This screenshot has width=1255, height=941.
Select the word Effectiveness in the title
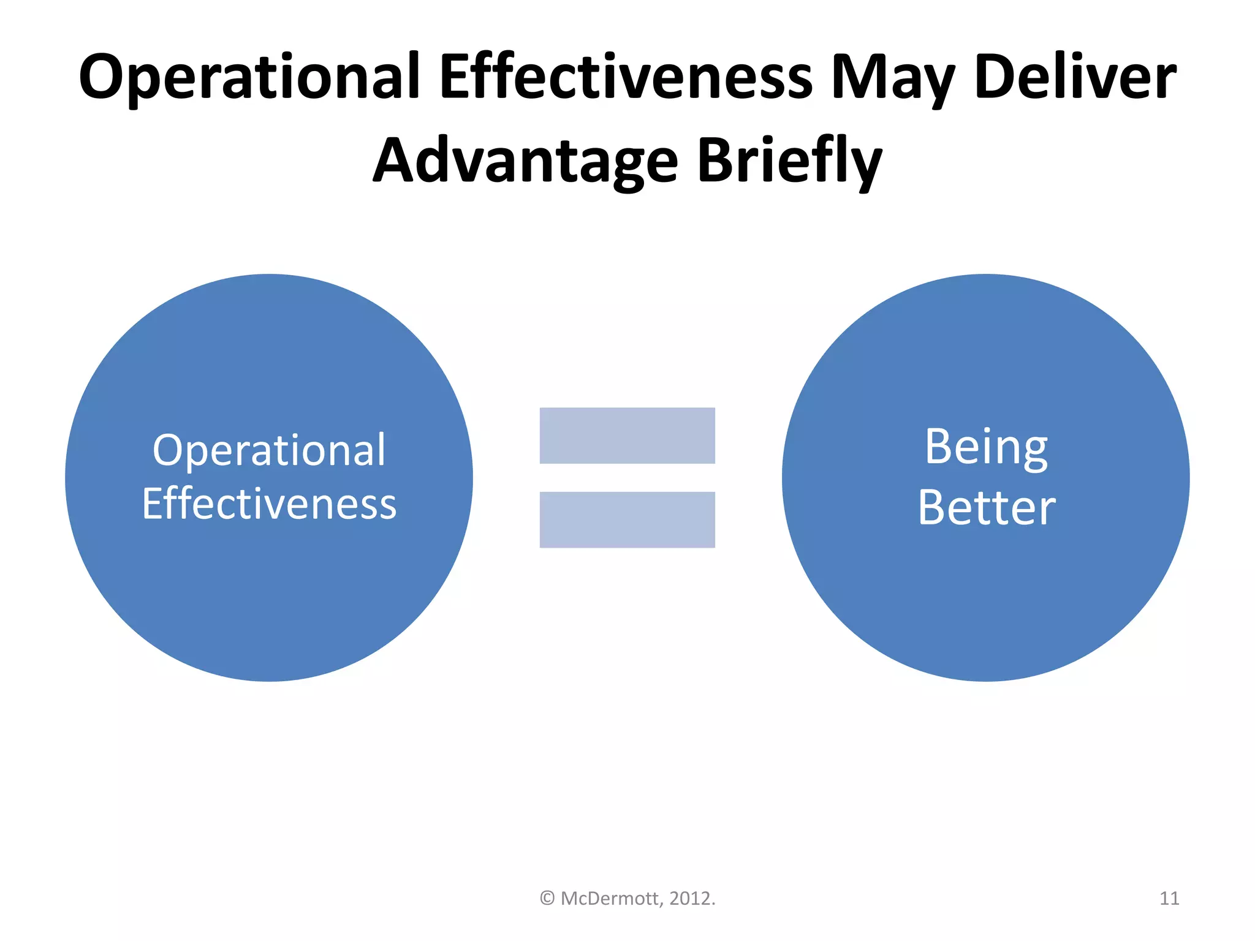click(x=626, y=77)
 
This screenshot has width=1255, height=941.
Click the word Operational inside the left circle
click(x=269, y=451)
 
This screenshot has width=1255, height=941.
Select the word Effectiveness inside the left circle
click(x=269, y=504)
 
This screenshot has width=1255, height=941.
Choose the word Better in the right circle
click(x=987, y=507)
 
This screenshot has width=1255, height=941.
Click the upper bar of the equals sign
click(x=627, y=436)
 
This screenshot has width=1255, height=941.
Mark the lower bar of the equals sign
click(x=627, y=520)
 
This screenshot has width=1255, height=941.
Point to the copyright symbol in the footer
click(x=547, y=898)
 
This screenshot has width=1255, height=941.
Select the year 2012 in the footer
click(x=690, y=898)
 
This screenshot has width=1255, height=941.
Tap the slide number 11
click(x=1169, y=898)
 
